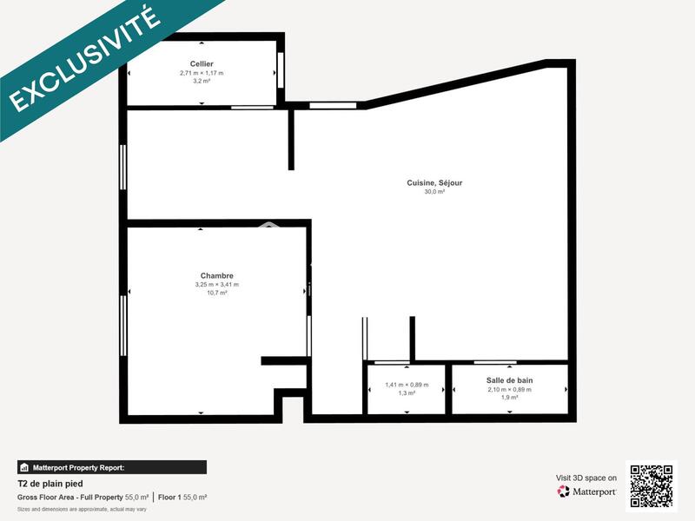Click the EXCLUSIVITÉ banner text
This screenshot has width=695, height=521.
(84, 59)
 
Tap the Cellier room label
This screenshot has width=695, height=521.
(202, 64)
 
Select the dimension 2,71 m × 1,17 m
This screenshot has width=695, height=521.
(202, 73)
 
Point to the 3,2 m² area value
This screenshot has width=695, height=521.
(202, 81)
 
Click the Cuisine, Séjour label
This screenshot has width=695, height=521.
(434, 182)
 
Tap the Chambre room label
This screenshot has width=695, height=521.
(216, 276)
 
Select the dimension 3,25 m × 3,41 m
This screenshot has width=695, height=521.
(216, 285)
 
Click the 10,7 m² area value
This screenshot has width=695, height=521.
(216, 293)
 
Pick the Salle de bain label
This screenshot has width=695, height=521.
(509, 380)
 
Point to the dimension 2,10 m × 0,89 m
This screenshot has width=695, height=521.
(509, 389)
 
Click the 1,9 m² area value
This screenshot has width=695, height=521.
(509, 398)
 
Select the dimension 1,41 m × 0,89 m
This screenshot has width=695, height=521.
(407, 385)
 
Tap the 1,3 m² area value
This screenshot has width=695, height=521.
(407, 393)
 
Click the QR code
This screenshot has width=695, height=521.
(652, 485)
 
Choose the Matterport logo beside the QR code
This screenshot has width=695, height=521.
(587, 491)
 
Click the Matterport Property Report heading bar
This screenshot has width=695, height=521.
(112, 467)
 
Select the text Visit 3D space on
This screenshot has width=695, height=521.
(586, 478)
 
